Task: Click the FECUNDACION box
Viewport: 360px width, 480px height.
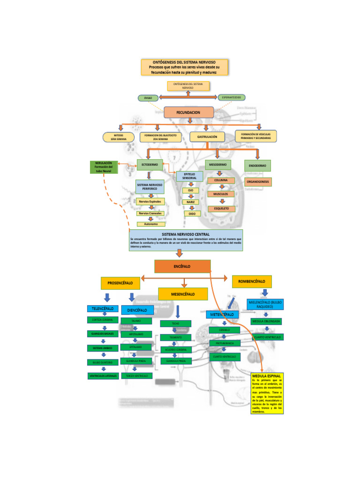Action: tap(188, 112)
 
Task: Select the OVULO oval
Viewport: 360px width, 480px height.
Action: tap(148, 97)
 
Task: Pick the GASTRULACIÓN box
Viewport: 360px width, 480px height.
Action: tap(207, 137)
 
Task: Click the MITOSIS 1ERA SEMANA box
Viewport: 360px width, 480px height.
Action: tap(119, 137)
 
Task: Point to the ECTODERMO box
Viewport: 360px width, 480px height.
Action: tap(150, 165)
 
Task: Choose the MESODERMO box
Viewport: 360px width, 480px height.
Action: tap(217, 165)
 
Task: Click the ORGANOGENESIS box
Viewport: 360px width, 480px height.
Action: tap(258, 181)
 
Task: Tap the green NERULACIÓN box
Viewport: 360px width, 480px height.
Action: tap(104, 167)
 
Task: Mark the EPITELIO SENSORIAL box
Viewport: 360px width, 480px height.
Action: tap(189, 176)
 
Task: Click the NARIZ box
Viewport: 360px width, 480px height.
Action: tap(190, 202)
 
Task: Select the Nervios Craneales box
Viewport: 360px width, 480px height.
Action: tap(150, 213)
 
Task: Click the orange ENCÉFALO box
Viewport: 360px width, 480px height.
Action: tap(182, 266)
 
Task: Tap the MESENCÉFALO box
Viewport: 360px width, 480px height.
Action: tap(183, 294)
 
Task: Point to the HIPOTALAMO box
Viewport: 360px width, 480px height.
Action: tap(136, 334)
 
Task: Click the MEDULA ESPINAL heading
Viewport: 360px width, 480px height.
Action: tap(267, 376)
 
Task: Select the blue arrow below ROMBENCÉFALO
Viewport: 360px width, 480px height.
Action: tap(265, 292)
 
